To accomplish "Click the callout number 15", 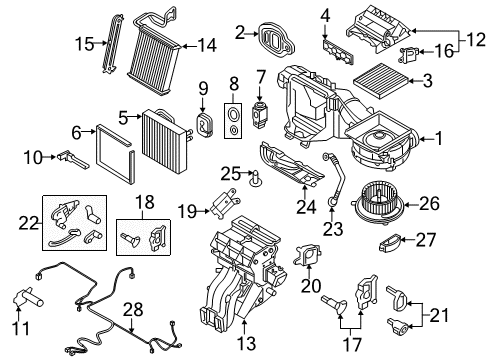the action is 85,44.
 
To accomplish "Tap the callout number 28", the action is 133,309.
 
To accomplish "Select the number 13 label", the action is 246,343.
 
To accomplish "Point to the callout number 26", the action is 429,203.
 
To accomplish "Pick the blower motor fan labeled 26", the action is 377,204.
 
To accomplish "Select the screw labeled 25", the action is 256,178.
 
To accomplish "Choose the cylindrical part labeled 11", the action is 28,298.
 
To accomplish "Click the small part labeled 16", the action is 409,54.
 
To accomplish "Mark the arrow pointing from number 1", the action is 426,138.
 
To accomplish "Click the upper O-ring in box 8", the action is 233,114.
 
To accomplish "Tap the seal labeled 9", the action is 204,124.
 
